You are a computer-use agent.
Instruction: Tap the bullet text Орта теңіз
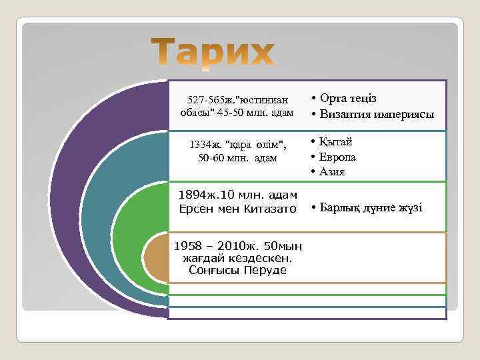point(347,98)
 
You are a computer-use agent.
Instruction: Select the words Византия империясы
point(377,114)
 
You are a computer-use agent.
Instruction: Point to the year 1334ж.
point(206,144)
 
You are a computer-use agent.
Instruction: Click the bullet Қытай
point(335,141)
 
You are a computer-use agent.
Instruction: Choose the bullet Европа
point(337,157)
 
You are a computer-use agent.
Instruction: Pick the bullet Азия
point(332,171)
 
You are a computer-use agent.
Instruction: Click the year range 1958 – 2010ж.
point(213,247)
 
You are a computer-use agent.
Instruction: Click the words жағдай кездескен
point(237,258)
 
